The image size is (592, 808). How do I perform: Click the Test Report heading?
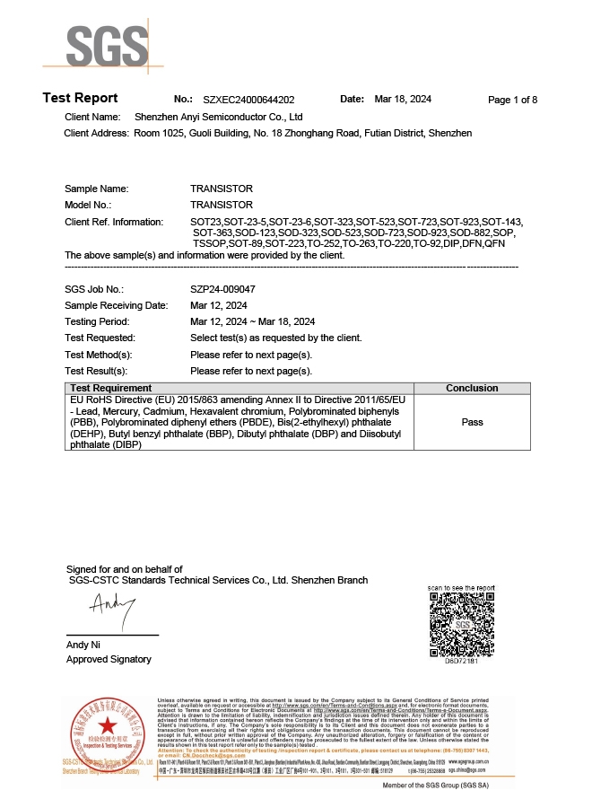80,98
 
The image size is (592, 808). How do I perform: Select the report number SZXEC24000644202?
248,100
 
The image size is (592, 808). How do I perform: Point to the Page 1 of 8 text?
512,100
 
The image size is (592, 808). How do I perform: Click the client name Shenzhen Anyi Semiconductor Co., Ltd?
218,117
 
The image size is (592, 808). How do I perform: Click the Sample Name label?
97,189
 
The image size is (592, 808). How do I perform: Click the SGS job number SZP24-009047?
222,289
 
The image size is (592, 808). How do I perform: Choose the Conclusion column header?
472,388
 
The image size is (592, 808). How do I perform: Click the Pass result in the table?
472,421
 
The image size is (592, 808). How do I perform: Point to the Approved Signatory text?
109,660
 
